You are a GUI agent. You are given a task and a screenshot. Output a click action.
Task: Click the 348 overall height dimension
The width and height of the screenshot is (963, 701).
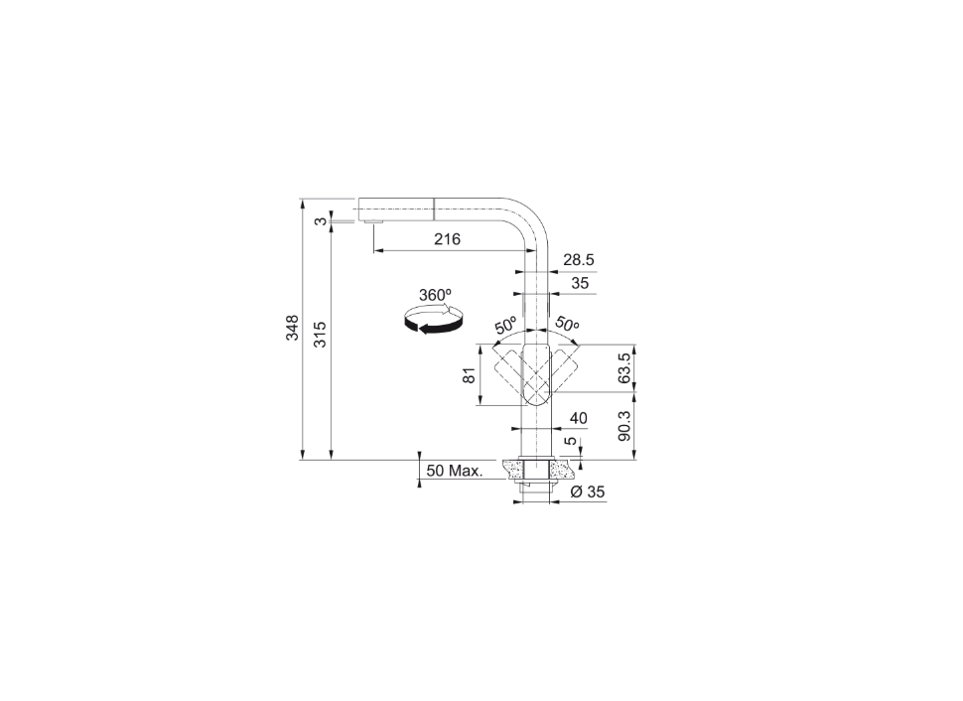point(292,327)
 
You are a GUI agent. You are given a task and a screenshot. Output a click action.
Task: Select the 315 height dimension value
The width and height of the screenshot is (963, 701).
point(321,334)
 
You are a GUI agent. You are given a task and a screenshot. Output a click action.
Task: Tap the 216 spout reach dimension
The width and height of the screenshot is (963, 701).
point(447,239)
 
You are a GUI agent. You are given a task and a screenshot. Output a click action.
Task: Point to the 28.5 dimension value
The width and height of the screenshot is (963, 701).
point(579,260)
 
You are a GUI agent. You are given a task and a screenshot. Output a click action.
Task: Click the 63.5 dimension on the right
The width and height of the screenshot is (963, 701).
point(624,368)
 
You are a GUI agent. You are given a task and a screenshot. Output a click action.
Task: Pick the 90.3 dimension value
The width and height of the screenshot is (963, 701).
point(624,426)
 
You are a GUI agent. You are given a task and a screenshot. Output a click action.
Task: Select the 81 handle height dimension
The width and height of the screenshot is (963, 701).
point(470,375)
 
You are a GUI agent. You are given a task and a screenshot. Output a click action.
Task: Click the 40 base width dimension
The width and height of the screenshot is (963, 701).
point(579,418)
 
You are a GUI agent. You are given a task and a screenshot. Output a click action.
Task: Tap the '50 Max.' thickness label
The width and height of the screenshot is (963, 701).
point(455,472)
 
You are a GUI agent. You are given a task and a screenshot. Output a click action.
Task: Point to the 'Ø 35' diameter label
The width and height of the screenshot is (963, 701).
point(588,491)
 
